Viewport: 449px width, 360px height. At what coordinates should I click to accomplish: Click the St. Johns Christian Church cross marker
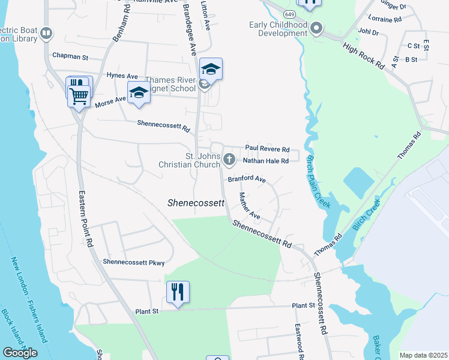coord(229,160)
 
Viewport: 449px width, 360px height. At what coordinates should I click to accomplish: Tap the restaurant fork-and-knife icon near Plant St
coord(178,292)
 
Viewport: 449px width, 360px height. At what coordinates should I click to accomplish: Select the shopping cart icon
coord(80,96)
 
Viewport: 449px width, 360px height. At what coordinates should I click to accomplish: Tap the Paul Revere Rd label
coord(267,149)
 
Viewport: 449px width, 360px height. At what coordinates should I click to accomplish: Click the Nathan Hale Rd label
coord(266,161)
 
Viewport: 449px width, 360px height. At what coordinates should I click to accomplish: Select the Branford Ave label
coord(246,179)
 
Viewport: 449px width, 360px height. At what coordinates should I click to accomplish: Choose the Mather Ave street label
coord(249,205)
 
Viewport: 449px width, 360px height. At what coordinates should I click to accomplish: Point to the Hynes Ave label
coord(122,76)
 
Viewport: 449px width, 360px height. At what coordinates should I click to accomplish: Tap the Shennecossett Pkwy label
coord(133,262)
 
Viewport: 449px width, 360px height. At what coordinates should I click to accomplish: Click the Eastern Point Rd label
coord(85,220)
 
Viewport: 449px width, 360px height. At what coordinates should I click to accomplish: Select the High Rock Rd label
coord(364,56)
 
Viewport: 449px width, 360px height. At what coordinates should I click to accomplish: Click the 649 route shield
coord(289,13)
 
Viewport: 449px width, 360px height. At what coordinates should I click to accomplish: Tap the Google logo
coord(20,353)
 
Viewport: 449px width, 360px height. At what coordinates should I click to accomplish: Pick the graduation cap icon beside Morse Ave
coord(139,93)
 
